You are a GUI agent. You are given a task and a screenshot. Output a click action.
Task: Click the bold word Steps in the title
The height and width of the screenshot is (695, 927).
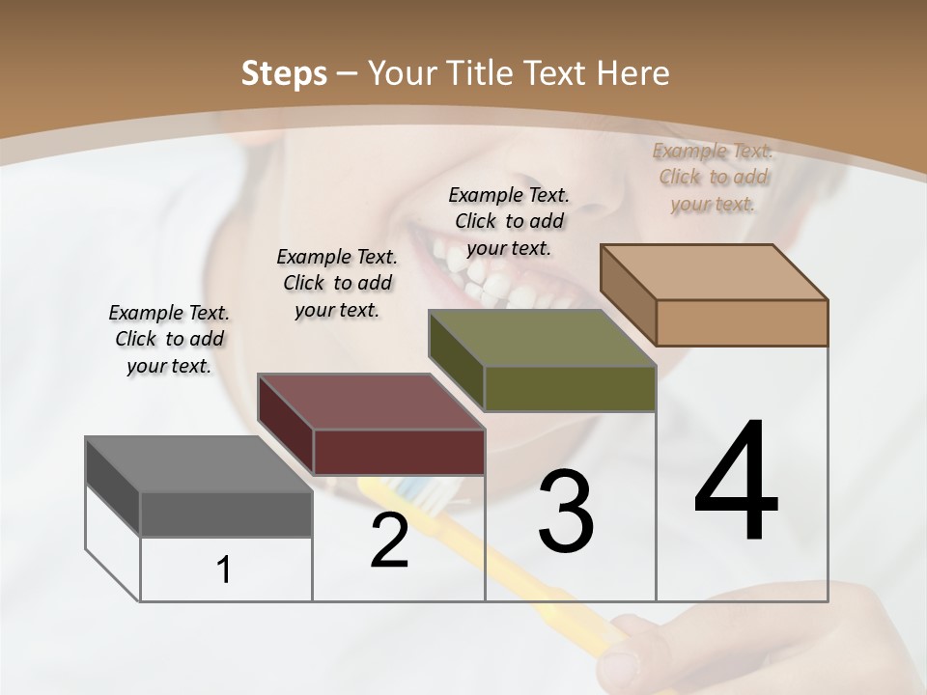[284, 73]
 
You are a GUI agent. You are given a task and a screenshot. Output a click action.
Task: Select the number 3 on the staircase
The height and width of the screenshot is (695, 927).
[566, 512]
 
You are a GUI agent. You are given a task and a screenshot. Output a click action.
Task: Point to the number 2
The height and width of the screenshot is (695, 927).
[389, 541]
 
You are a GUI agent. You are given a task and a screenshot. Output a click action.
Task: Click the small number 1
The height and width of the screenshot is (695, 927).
[224, 570]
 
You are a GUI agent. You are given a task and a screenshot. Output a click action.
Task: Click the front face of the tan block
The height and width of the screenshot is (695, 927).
[742, 322]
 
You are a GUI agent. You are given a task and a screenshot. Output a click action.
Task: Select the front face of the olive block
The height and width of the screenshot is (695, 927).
[570, 389]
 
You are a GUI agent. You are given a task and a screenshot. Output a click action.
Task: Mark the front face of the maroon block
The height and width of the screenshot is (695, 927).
[399, 452]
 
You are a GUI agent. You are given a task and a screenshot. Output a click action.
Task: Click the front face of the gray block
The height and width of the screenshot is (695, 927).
[226, 514]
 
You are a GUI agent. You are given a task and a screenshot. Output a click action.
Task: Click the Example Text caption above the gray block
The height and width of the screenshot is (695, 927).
[169, 339]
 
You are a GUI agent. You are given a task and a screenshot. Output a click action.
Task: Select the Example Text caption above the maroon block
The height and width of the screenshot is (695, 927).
[337, 283]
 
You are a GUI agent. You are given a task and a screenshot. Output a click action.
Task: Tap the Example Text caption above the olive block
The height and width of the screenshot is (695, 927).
[509, 221]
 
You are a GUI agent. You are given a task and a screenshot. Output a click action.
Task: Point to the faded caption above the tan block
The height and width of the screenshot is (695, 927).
[713, 177]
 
